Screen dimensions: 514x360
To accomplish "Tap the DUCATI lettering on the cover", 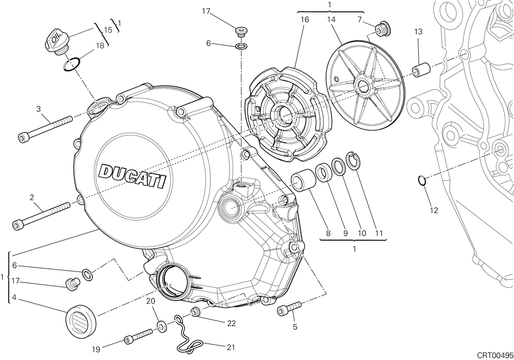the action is [x=132, y=176].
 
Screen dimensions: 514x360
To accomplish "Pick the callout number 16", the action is [x=305, y=20].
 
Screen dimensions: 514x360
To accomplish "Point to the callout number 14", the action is [x=331, y=20].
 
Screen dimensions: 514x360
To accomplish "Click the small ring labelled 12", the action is [x=422, y=180].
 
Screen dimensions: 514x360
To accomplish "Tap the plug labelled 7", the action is [x=383, y=30].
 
